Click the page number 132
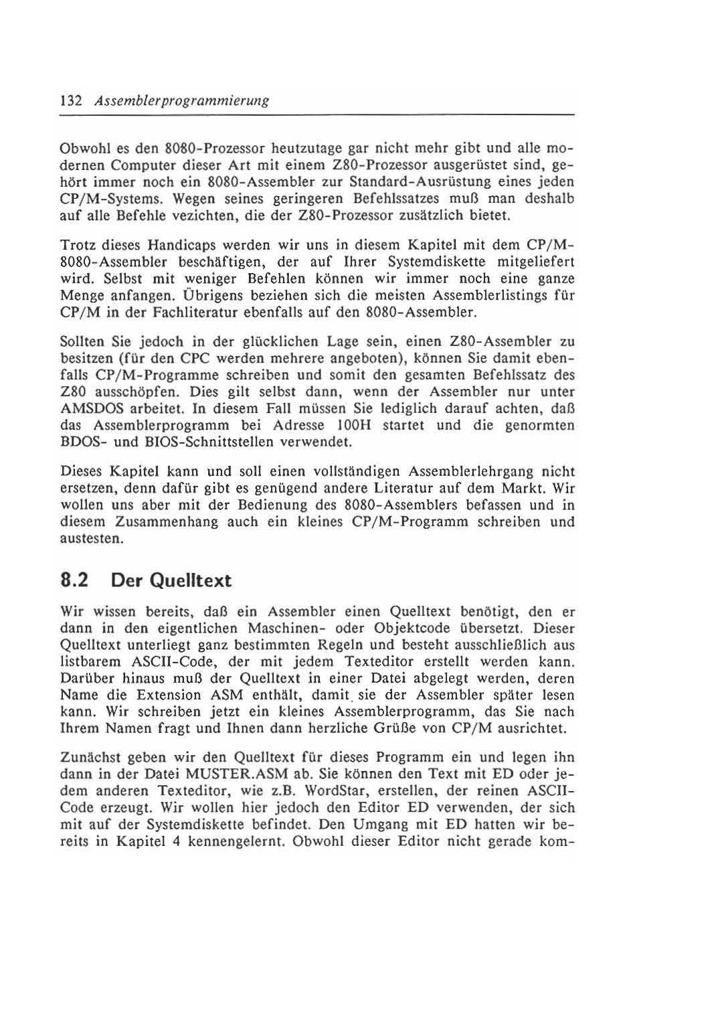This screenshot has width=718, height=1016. (x=70, y=101)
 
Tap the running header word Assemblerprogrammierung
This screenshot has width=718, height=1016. (x=182, y=101)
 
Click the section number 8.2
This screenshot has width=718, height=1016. (x=75, y=580)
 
